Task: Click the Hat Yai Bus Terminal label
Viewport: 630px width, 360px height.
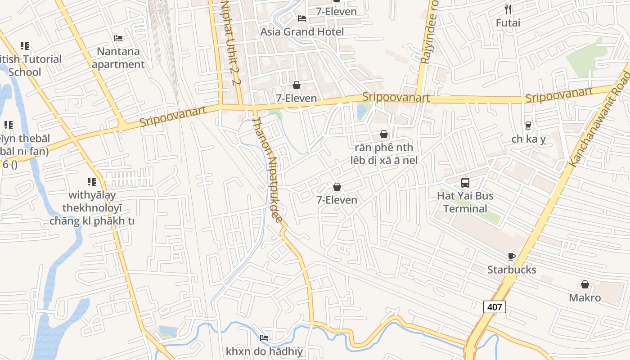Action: (x=465, y=202)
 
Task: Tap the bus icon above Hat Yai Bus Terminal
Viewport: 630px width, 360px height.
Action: (x=465, y=183)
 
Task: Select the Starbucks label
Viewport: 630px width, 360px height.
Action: (x=512, y=270)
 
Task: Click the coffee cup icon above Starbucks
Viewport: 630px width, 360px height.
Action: (x=512, y=256)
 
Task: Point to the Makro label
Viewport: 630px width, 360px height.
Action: (x=585, y=297)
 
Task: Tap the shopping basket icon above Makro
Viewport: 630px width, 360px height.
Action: (x=585, y=284)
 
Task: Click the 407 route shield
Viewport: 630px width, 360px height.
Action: (x=495, y=307)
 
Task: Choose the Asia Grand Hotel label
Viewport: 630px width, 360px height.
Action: (x=302, y=31)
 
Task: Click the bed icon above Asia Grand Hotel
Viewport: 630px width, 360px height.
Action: (x=302, y=18)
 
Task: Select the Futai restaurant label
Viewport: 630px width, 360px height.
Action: (x=508, y=22)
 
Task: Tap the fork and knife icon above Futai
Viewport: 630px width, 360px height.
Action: (x=508, y=9)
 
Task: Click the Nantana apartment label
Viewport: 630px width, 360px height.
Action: (x=118, y=58)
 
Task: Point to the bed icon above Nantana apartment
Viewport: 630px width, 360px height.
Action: (x=118, y=38)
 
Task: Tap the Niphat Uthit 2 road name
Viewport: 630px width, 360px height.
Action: (x=230, y=43)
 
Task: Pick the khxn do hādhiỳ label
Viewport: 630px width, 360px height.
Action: (x=264, y=351)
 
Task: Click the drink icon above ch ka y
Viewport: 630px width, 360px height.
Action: (x=528, y=126)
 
